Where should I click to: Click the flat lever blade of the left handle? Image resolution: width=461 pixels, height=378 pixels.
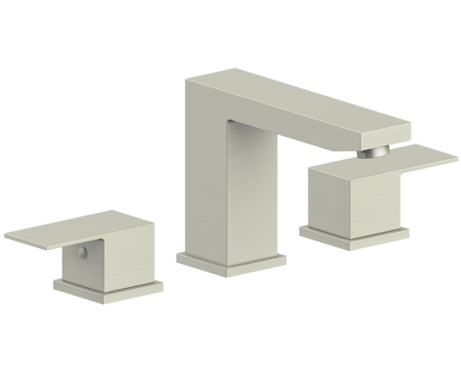coord(61,234)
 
